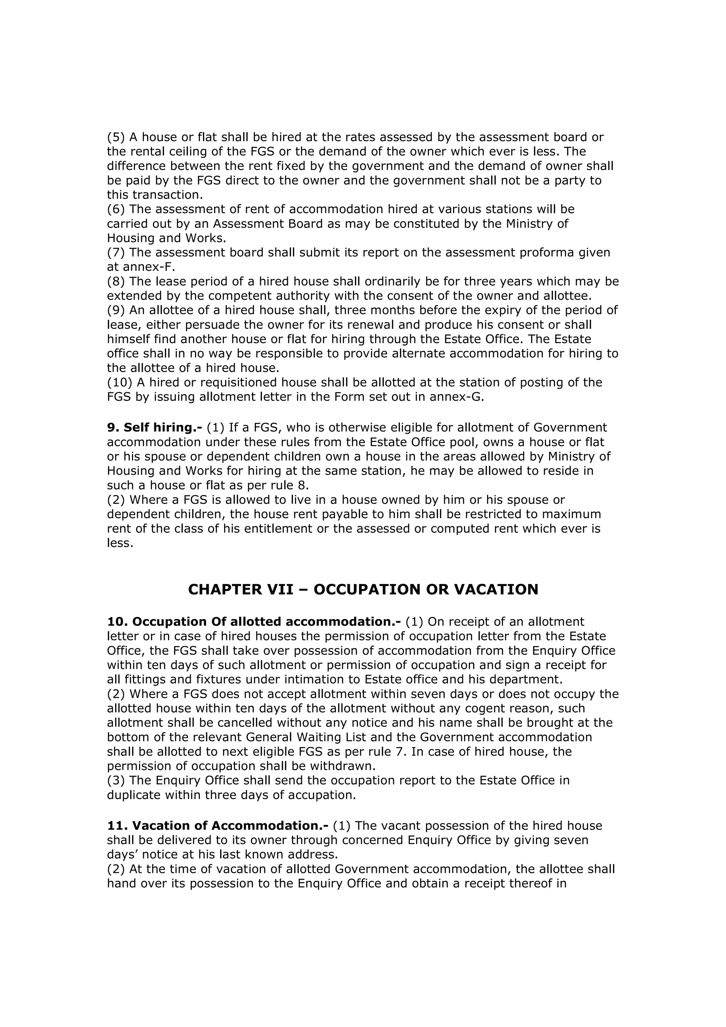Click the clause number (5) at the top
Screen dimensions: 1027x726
click(x=116, y=137)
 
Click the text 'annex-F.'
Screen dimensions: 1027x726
click(x=149, y=267)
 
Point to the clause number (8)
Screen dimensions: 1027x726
click(x=116, y=282)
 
